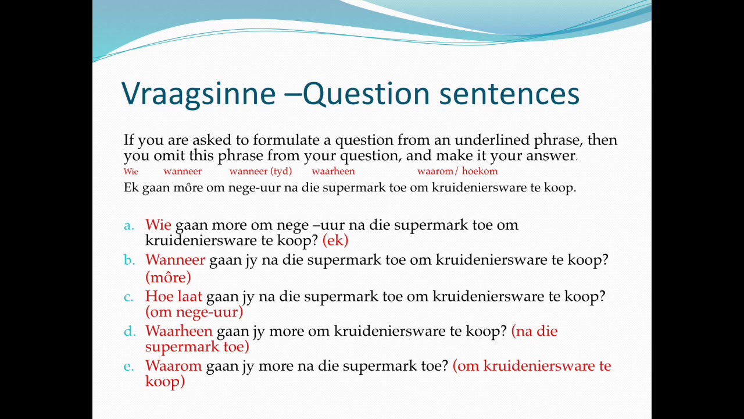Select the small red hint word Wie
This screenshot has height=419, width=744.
(131, 172)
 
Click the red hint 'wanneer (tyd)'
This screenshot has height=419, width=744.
(260, 171)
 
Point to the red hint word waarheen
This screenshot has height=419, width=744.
(333, 171)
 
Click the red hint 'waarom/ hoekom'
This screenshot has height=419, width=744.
(457, 171)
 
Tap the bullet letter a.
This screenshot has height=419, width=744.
(128, 225)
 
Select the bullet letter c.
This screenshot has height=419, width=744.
(128, 297)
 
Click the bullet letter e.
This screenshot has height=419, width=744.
(128, 367)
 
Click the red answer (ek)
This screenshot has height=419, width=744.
(335, 240)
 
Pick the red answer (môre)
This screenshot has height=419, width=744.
(168, 277)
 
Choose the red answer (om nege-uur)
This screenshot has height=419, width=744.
(194, 313)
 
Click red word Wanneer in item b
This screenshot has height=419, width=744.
(175, 260)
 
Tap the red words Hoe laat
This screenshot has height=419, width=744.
(173, 297)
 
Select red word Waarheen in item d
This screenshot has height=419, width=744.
(178, 332)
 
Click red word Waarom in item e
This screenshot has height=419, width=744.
(173, 367)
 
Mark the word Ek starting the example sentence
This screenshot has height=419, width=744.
(131, 188)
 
